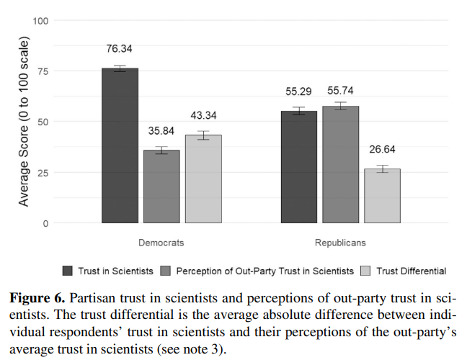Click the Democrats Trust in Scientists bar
click(120, 145)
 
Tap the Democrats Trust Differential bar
click(203, 179)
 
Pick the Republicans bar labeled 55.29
click(298, 167)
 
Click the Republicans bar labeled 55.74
click(340, 165)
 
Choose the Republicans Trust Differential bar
click(382, 196)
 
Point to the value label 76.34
click(120, 49)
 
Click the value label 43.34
click(203, 115)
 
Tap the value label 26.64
click(382, 150)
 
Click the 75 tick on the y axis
click(43, 71)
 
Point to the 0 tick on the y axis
click(45, 223)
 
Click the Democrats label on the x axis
click(161, 243)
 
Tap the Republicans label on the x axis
click(340, 243)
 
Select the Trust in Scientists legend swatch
click(68, 271)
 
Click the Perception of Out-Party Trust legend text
click(264, 271)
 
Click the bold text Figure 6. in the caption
click(35, 297)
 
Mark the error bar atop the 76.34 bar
click(120, 68)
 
